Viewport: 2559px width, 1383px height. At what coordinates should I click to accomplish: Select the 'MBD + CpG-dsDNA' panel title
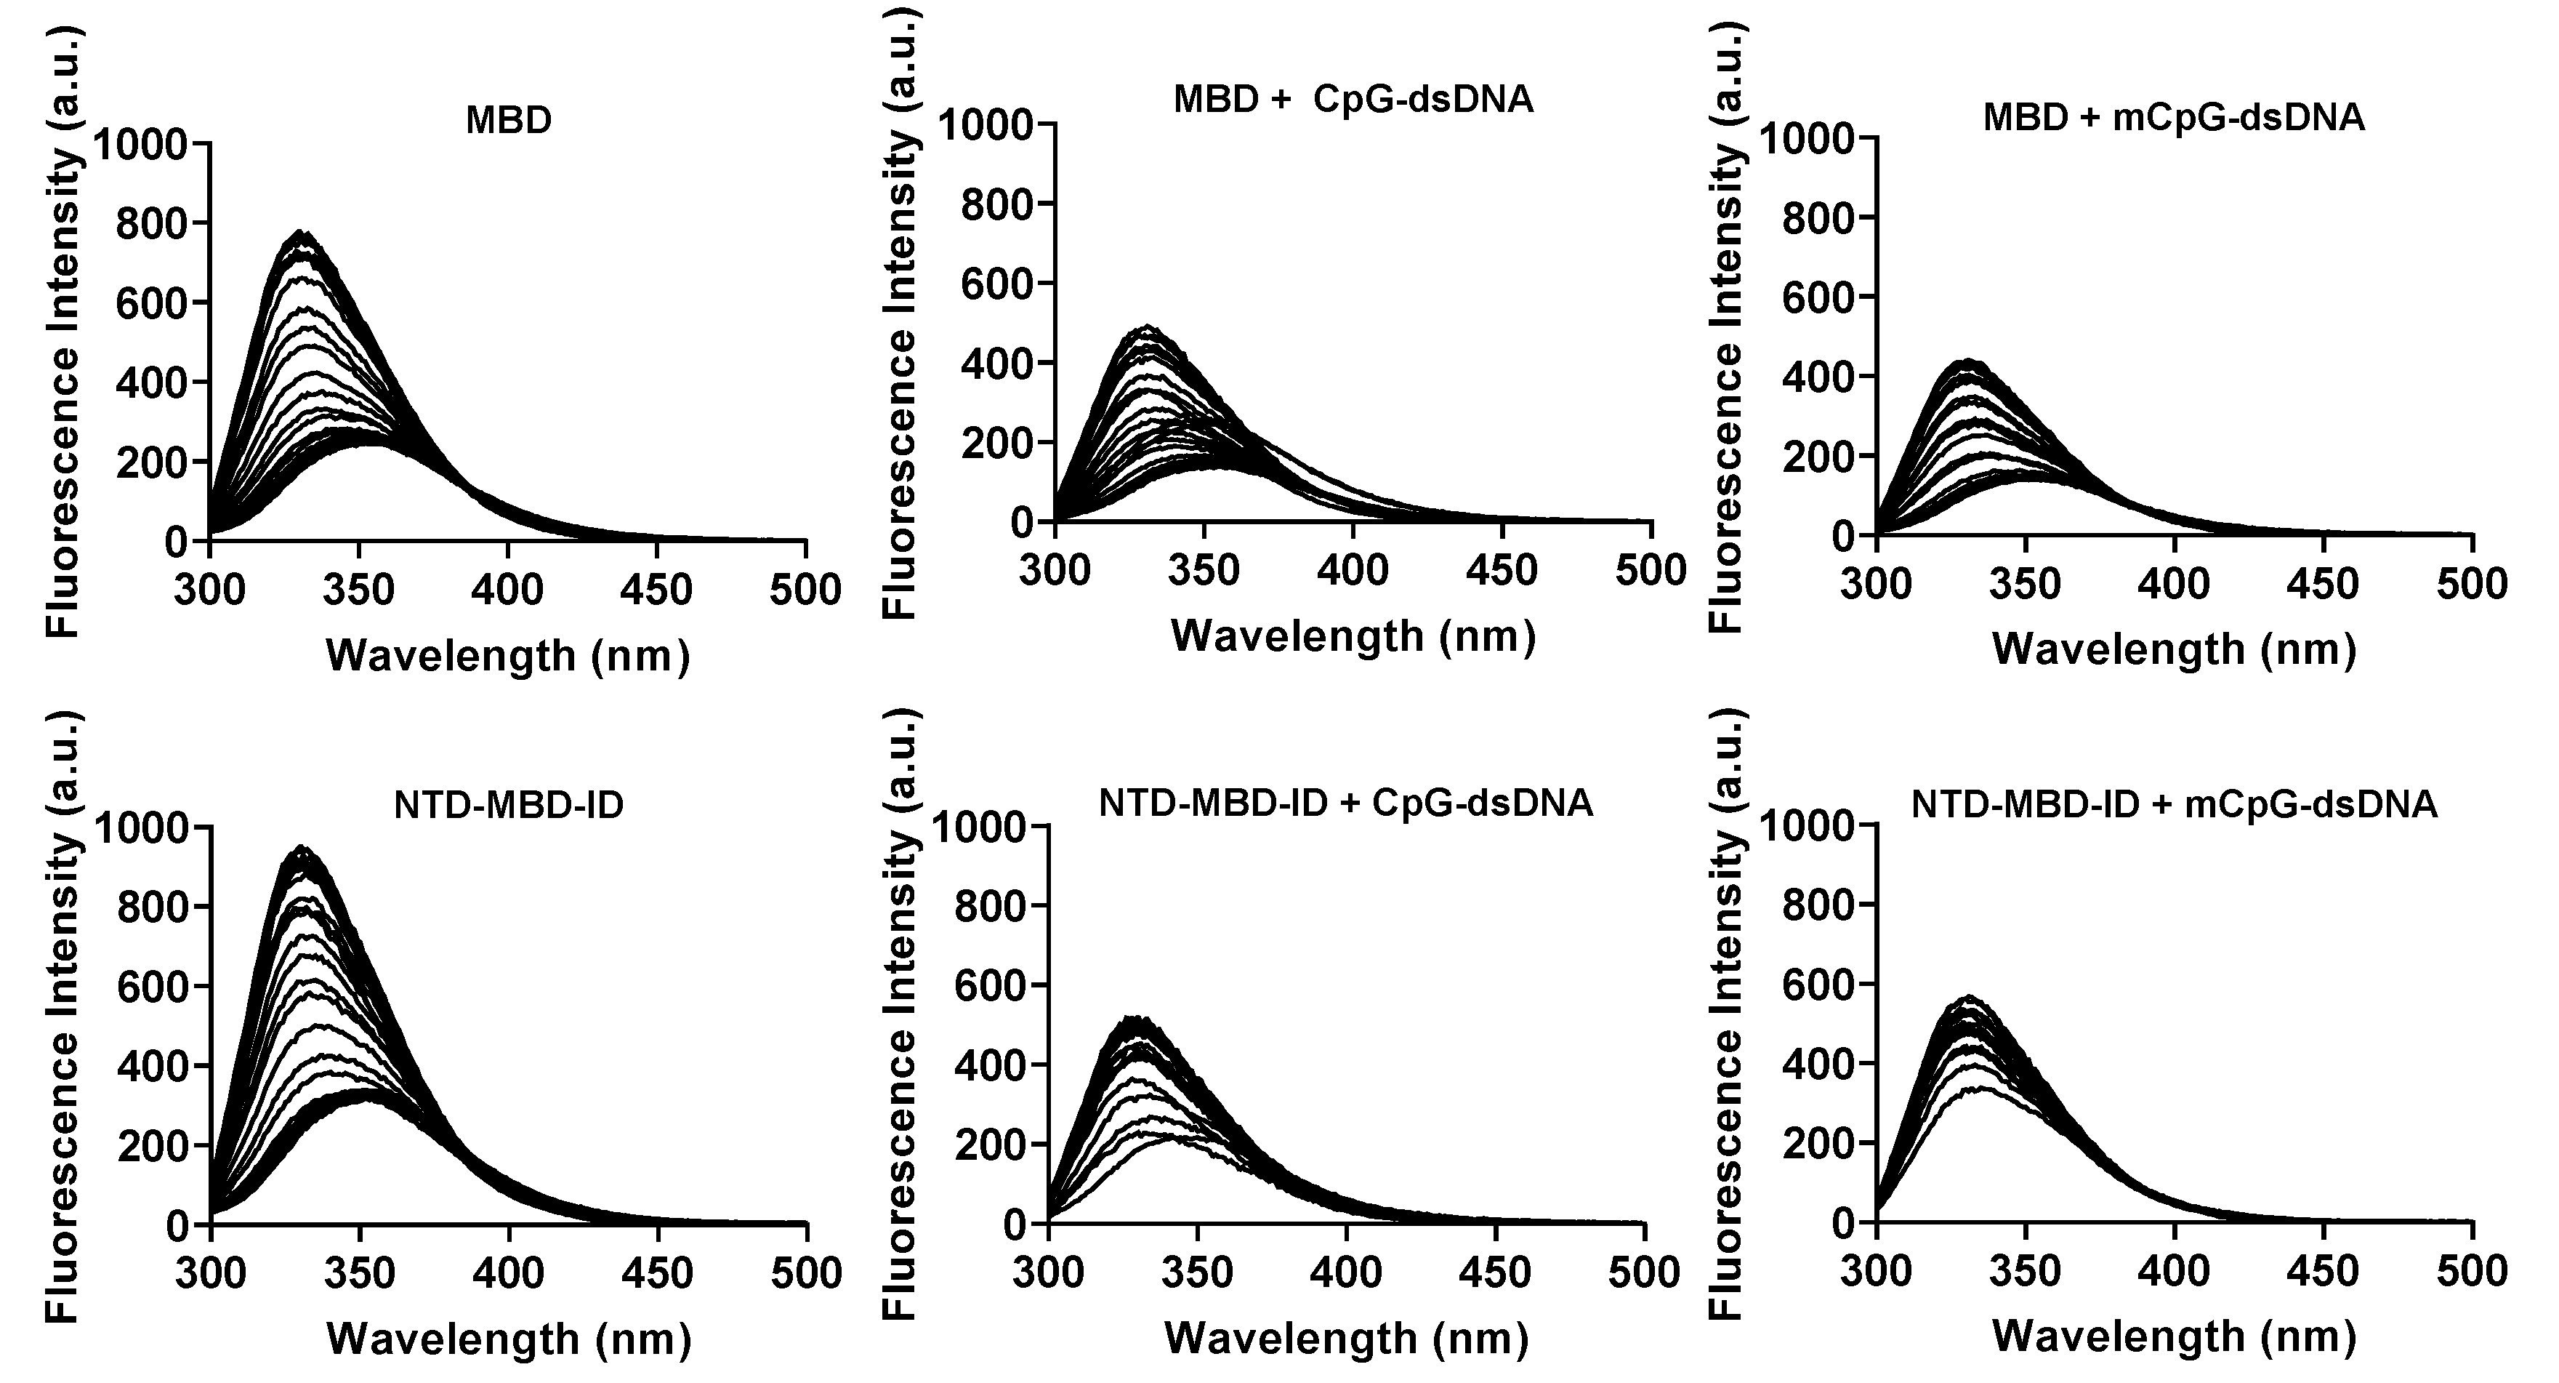pos(1353,100)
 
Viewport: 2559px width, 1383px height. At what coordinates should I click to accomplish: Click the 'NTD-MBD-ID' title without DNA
pos(509,805)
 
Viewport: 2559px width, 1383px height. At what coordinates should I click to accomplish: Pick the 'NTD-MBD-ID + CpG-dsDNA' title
pos(1346,803)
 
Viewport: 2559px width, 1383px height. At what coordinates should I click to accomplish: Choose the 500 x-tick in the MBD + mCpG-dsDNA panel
pos(2473,583)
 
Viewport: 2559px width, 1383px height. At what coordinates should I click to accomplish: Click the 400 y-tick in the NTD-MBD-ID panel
pos(151,1067)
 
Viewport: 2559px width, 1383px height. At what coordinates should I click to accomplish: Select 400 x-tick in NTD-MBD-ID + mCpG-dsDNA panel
pos(2175,1271)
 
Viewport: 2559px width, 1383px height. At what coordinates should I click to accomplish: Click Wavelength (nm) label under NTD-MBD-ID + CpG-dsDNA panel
pos(1346,1339)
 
